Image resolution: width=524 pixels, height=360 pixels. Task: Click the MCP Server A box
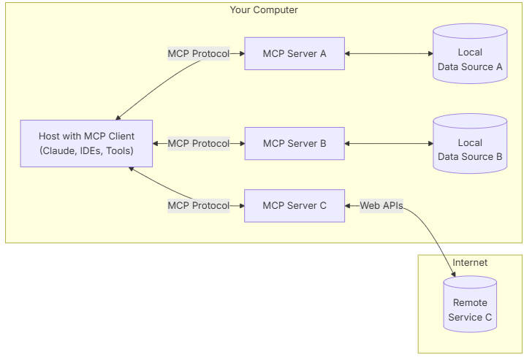[x=294, y=53]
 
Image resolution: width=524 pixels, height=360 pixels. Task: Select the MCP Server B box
[x=294, y=144]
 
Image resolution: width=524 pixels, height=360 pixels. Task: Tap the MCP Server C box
[x=294, y=206]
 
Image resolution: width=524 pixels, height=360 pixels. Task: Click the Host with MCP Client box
[x=86, y=144]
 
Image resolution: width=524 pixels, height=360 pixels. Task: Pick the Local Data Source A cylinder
[x=469, y=59]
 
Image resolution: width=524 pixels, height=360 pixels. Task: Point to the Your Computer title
[x=264, y=10]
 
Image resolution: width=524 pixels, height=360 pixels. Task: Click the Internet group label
[x=469, y=263]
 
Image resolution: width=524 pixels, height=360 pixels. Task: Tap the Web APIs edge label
[x=381, y=206]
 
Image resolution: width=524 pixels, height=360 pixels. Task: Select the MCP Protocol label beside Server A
[x=198, y=53]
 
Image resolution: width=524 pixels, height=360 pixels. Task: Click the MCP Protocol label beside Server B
[x=198, y=144]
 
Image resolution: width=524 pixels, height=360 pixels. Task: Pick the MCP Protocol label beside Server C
[x=198, y=206]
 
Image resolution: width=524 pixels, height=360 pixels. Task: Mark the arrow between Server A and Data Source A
[x=388, y=53]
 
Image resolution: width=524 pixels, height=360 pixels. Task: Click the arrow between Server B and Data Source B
[x=388, y=144]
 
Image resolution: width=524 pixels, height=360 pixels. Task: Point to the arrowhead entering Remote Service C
[x=453, y=275]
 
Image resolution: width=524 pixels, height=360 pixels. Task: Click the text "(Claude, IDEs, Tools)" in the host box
[x=86, y=151]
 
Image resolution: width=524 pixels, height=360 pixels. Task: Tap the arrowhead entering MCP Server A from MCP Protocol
[x=240, y=53]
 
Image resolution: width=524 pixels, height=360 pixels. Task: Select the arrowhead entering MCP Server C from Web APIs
[x=349, y=206]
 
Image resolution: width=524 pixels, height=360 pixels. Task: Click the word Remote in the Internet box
[x=469, y=302]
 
